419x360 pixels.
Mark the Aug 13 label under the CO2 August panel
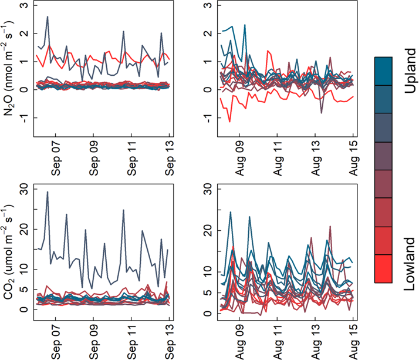tap(315, 340)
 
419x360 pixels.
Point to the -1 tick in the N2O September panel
tap(23, 117)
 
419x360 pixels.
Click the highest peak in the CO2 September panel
tap(48, 192)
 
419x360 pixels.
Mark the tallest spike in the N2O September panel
tap(48, 17)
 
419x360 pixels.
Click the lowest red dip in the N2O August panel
tap(229, 122)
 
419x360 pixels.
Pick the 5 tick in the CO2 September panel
tap(23, 290)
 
